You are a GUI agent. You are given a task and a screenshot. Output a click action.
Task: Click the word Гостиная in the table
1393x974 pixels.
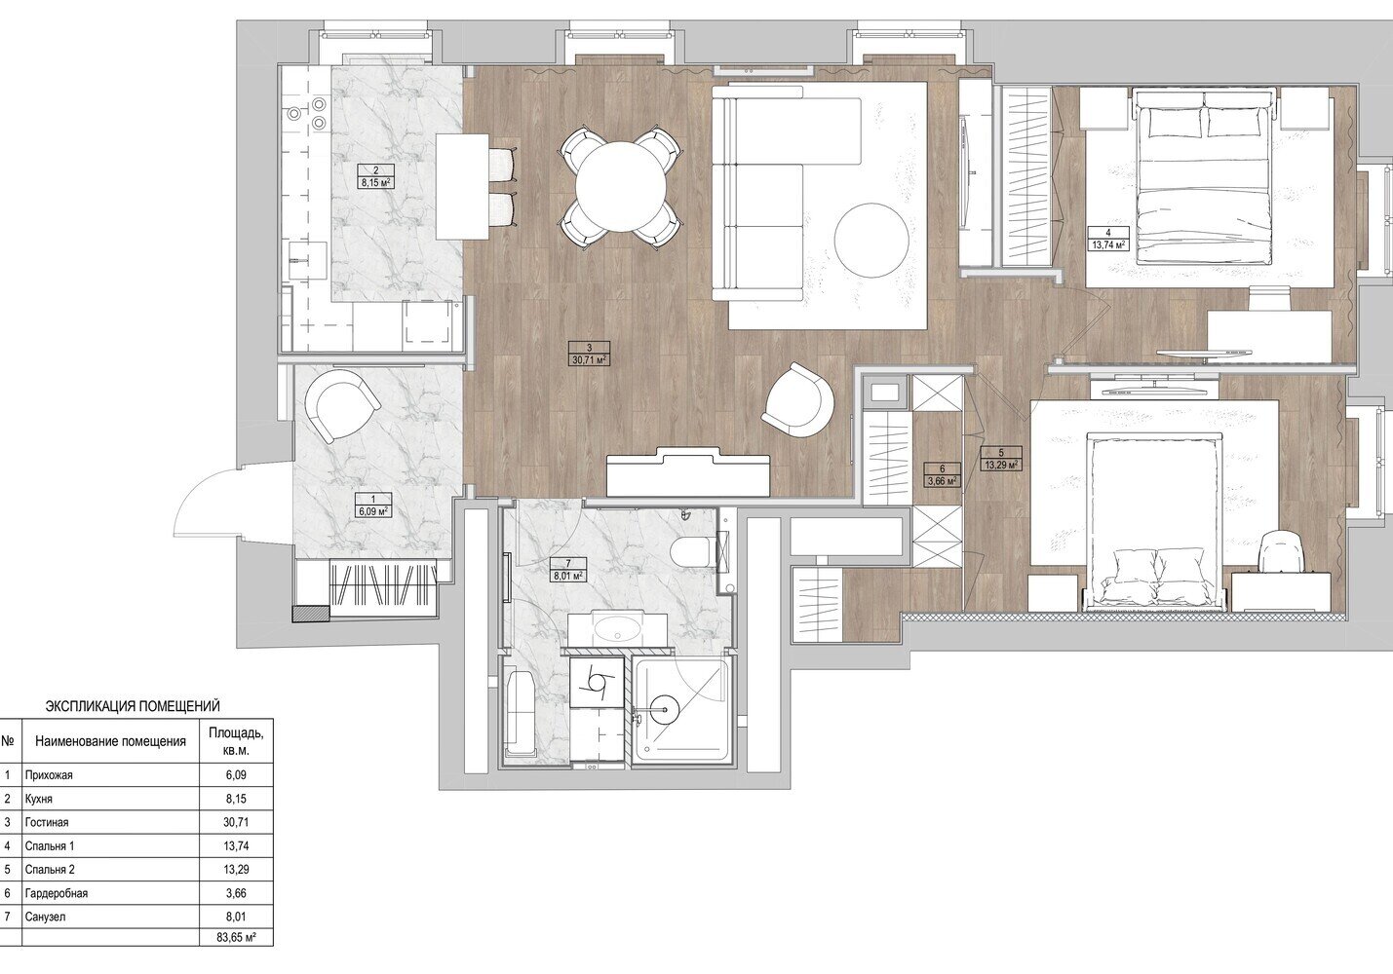click(47, 822)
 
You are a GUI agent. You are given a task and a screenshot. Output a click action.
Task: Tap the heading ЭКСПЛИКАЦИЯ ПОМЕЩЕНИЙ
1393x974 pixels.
click(134, 706)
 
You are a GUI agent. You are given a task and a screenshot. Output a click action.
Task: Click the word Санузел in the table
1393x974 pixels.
click(46, 917)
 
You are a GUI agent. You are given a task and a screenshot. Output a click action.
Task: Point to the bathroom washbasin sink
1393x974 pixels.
click(617, 630)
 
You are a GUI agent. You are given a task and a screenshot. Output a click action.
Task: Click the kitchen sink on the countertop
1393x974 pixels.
click(308, 261)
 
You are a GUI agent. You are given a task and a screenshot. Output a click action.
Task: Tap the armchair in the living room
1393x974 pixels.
click(797, 398)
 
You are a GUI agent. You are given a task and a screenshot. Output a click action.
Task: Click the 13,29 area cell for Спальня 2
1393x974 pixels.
click(236, 870)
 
